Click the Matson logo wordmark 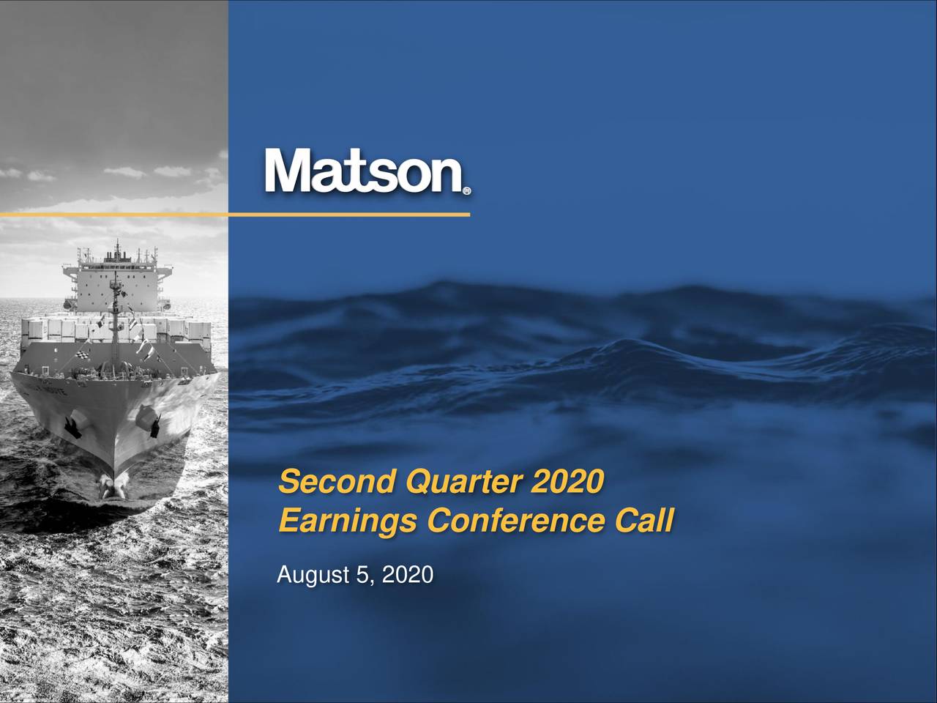click(364, 171)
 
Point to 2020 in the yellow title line click(569, 483)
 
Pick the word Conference click(517, 522)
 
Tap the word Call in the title click(643, 522)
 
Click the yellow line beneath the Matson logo click(234, 215)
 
